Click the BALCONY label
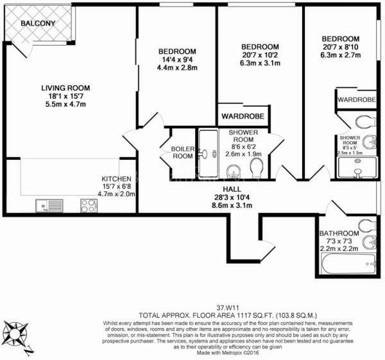tap(38, 24)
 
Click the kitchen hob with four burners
tap(89, 205)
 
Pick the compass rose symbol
tap(17, 335)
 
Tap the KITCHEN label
tap(116, 178)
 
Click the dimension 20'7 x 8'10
tap(340, 47)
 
